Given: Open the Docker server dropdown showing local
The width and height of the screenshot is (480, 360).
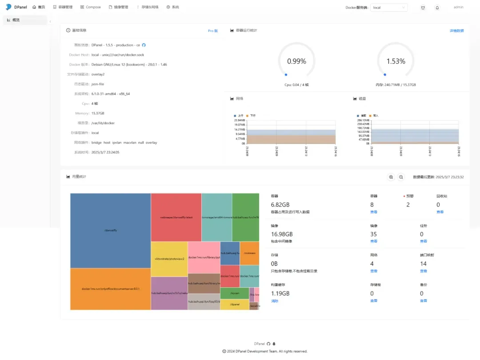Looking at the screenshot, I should click(389, 8).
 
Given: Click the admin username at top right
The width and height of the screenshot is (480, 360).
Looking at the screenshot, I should click(459, 7).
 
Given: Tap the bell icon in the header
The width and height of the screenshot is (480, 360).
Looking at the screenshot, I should click(437, 8).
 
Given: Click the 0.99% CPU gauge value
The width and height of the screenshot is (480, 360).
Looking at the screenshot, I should click(296, 61).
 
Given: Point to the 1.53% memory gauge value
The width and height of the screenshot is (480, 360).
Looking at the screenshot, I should click(396, 61).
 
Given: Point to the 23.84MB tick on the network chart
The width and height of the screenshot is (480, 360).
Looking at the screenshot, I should click(239, 120).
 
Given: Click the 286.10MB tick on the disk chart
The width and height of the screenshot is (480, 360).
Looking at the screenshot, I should click(363, 120).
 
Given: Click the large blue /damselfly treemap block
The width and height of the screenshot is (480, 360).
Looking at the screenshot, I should click(110, 230).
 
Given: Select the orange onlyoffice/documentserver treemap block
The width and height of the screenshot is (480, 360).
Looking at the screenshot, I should click(110, 289).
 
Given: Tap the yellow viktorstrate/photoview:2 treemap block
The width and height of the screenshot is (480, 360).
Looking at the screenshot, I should click(169, 259).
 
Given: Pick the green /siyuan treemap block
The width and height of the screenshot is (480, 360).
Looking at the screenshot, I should click(234, 293).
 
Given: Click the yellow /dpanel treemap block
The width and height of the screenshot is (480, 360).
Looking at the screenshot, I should click(234, 304).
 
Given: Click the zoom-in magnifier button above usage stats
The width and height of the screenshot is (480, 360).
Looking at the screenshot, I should click(391, 177).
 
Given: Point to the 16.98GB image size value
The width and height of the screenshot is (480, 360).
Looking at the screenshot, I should click(282, 234).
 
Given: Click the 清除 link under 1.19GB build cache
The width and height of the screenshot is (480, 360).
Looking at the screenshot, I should click(274, 301).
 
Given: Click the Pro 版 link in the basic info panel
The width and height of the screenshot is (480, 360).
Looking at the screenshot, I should click(213, 31).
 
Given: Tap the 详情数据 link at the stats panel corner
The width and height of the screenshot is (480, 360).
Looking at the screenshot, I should click(456, 31).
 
